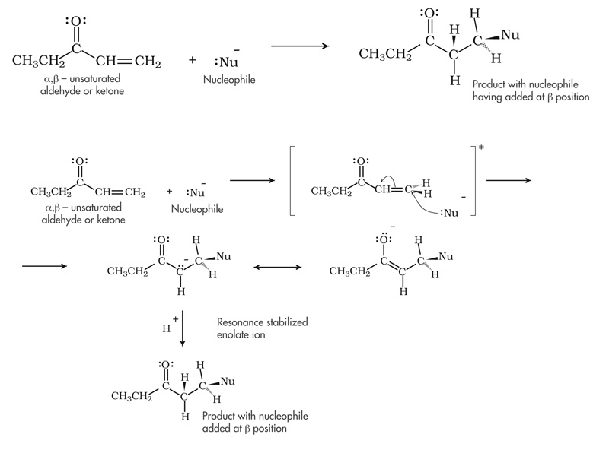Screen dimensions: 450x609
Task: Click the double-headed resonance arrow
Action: pos(277,267)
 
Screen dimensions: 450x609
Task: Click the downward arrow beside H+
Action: pos(183,328)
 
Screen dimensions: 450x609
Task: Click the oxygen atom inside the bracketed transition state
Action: pos(362,163)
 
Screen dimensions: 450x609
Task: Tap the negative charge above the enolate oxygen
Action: pos(392,226)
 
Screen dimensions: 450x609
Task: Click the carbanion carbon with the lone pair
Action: pos(183,269)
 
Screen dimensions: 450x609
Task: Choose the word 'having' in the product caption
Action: pos(489,97)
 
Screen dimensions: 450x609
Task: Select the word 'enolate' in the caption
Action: pos(234,334)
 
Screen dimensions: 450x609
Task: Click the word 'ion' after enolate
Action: pos(259,334)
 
